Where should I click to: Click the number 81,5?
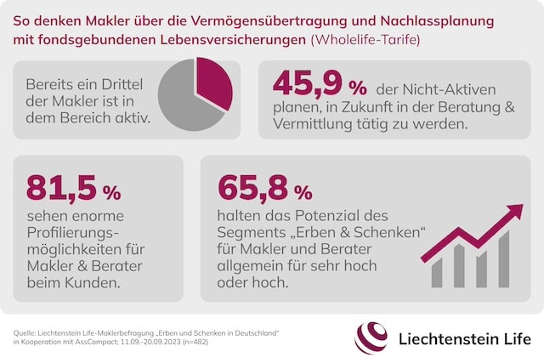(61, 189)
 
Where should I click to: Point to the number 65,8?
(252, 189)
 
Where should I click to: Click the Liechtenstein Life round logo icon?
(371, 337)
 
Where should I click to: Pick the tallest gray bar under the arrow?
(504, 258)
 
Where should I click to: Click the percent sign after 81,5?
(111, 191)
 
